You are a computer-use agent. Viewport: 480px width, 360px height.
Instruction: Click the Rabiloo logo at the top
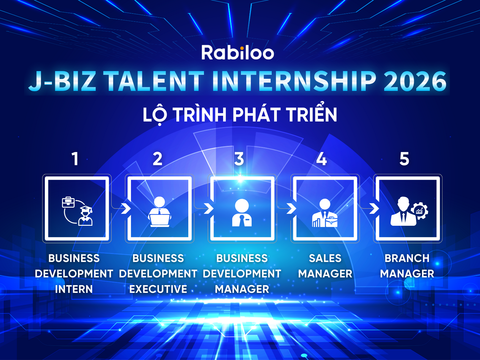point(238,53)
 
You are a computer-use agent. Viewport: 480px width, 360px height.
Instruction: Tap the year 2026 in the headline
point(415,81)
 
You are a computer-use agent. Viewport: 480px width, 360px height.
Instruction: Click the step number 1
point(75,159)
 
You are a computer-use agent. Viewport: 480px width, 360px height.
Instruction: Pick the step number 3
point(239,159)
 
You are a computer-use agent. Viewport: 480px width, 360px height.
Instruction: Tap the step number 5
point(404,159)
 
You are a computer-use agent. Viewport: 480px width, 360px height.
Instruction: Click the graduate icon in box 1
point(86,216)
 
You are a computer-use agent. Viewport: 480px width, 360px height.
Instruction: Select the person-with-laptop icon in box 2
point(160,212)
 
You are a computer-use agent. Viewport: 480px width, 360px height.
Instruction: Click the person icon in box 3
point(242,213)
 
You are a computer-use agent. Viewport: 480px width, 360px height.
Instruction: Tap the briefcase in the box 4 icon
point(331,222)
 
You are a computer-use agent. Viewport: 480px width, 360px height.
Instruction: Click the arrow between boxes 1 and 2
point(126,208)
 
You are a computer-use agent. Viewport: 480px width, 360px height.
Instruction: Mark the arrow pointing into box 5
point(374,208)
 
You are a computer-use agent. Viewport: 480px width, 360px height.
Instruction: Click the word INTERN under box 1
point(74,289)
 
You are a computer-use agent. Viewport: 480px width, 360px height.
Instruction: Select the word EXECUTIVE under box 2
point(158,289)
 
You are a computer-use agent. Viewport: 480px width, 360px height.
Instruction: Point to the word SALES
point(325,258)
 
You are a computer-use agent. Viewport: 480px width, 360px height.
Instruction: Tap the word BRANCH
point(407,258)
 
